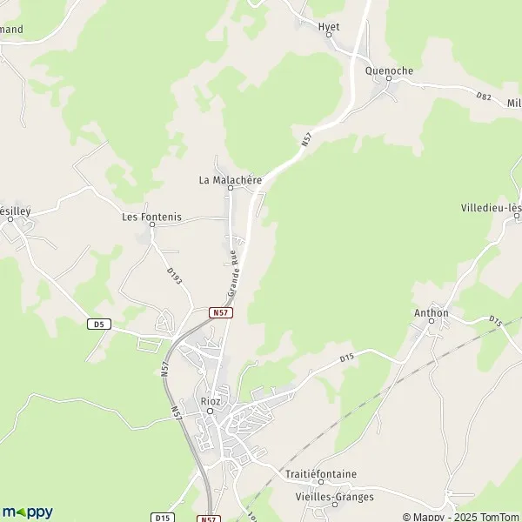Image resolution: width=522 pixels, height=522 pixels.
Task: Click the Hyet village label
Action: (x=329, y=27)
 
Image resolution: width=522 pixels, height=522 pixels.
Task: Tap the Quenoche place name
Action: (x=389, y=70)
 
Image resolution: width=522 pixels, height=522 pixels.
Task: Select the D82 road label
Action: (x=485, y=96)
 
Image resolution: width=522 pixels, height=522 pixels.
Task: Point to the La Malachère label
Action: (x=231, y=180)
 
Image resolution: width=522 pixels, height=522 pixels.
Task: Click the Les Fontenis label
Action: (x=152, y=217)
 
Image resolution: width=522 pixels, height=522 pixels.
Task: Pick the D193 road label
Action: (x=173, y=277)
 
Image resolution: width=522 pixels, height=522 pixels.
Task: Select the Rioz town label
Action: (x=210, y=401)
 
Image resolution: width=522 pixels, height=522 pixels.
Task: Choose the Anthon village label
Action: (x=432, y=313)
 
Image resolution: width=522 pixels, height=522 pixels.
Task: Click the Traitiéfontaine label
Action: (x=321, y=474)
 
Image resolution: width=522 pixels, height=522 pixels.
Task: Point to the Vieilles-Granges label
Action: (x=335, y=497)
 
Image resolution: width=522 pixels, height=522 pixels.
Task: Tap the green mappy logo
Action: (x=28, y=512)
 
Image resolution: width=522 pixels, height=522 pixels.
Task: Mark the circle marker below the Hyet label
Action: (x=329, y=36)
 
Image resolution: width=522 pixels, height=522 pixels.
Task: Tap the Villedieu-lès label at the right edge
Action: (x=492, y=208)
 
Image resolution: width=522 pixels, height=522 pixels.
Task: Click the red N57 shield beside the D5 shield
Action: (x=221, y=311)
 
